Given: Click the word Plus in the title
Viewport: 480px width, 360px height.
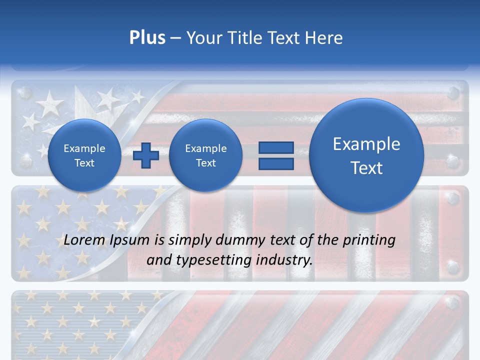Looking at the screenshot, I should (147, 38).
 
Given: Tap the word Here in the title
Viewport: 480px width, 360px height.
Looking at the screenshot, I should (324, 38).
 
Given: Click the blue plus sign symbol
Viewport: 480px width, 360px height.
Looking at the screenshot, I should (146, 155).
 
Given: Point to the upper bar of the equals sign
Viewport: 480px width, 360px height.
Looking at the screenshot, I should (276, 147).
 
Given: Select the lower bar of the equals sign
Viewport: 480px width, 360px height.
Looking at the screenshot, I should (276, 163).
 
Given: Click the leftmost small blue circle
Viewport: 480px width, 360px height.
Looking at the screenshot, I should (84, 155).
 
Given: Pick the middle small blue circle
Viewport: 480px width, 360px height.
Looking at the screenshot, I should (205, 155).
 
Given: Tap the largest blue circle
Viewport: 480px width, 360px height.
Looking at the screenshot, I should (366, 155).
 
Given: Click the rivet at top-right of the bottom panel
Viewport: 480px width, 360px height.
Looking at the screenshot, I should (453, 302).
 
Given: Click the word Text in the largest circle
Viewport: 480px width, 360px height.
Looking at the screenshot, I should (366, 168).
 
